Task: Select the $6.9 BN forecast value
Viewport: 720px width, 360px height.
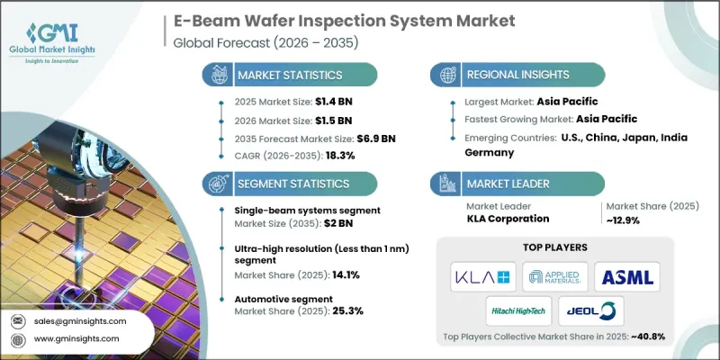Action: [377, 139]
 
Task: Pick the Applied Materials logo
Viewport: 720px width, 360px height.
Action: [558, 274]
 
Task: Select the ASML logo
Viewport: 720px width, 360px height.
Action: [632, 274]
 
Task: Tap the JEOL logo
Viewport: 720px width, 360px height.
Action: [595, 310]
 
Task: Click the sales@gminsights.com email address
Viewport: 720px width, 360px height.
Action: [82, 321]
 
